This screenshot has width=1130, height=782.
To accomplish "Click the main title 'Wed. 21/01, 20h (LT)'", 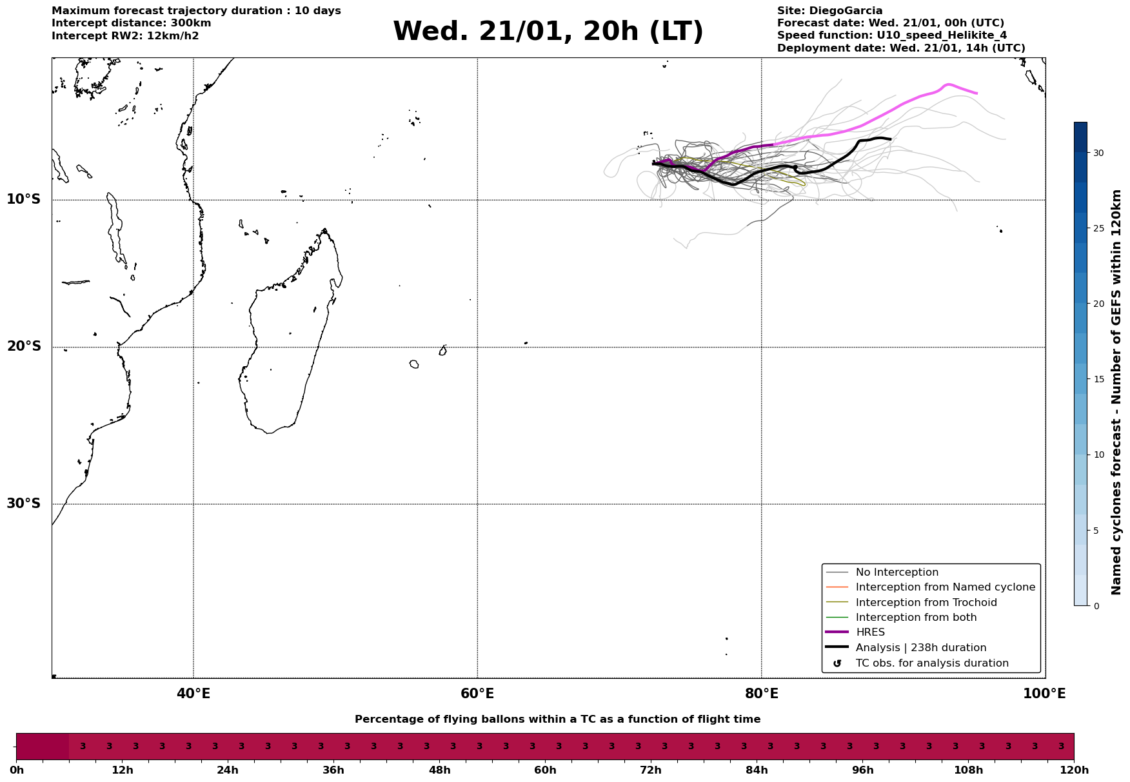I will coord(548,32).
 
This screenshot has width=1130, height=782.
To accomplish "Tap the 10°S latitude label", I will coord(24,199).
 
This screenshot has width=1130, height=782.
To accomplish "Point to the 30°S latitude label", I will coord(24,503).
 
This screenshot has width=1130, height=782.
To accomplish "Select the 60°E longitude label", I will coord(477,694).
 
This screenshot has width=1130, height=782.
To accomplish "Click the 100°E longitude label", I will coord(1044,694).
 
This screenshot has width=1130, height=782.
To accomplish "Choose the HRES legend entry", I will coord(870,632).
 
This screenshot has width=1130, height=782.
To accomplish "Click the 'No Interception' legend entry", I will coord(897,572).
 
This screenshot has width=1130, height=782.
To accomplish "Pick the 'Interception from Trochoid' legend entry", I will coord(926,603).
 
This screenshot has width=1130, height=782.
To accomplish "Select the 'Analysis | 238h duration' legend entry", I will coord(920,648).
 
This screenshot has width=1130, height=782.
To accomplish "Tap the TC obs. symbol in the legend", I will coord(837,663).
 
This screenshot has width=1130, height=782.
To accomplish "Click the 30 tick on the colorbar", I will coord(1098,153).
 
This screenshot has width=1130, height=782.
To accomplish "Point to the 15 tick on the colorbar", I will coord(1098,379).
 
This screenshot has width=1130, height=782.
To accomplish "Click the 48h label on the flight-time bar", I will coord(439,770).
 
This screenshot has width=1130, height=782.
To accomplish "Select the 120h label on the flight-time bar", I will coord(1074,770).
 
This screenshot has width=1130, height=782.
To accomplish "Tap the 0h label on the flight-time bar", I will coord(17,770).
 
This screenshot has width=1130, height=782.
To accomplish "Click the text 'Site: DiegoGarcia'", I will coord(829,11).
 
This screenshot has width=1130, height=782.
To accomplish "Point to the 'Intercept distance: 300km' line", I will coord(131,23).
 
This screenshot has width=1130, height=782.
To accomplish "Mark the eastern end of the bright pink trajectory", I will coord(976,93).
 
